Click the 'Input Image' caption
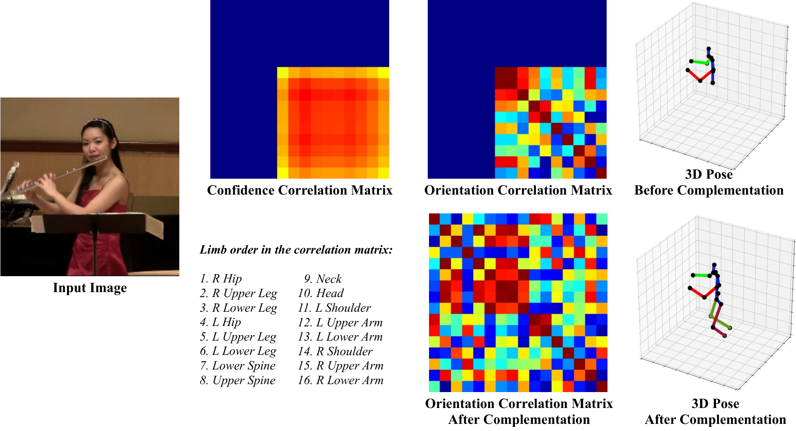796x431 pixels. tap(90, 288)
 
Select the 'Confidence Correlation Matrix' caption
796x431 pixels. tap(300, 190)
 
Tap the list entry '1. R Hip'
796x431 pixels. tap(221, 279)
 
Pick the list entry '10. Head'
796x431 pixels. tap(320, 293)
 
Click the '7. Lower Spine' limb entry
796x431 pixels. tap(238, 366)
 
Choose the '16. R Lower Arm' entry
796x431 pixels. tap(341, 380)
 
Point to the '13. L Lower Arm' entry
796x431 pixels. tap(340, 337)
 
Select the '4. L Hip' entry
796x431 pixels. tap(220, 322)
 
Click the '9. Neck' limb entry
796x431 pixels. tap(323, 279)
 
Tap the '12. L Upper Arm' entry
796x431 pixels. tap(340, 323)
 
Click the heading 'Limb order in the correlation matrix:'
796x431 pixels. tap(296, 250)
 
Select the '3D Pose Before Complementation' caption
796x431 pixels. tap(709, 182)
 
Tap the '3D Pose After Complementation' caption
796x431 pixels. tap(716, 412)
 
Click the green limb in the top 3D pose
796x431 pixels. tap(699, 62)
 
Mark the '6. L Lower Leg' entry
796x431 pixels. tap(238, 351)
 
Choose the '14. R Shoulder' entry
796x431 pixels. tap(335, 351)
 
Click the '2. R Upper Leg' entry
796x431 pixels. tap(238, 294)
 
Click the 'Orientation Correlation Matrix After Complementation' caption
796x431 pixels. tap(519, 412)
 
